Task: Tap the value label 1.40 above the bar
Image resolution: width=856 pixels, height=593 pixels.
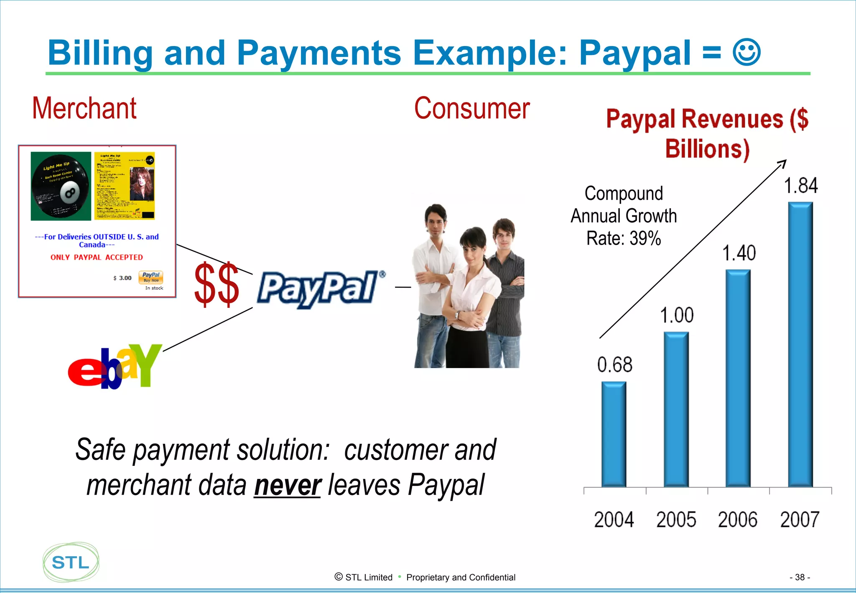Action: (739, 253)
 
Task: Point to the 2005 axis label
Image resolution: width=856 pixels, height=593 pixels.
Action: (676, 519)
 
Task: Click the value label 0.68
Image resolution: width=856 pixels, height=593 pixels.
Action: (614, 365)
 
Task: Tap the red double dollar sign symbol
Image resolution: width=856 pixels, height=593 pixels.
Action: (217, 284)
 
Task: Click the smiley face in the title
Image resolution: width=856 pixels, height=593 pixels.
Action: (746, 53)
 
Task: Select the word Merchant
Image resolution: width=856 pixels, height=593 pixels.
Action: (84, 108)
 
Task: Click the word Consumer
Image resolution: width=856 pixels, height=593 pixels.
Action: (472, 108)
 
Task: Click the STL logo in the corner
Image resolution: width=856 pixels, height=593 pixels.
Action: (71, 562)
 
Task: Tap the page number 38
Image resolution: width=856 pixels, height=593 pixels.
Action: (799, 577)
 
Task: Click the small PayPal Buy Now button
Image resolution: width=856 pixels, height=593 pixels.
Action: (150, 277)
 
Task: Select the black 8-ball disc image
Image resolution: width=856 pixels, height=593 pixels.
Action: (61, 186)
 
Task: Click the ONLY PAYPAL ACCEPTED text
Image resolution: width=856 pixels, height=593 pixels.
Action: (97, 257)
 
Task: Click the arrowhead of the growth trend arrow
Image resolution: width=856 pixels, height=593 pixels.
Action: (783, 163)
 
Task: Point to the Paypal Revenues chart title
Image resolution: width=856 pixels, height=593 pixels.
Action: (707, 134)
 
